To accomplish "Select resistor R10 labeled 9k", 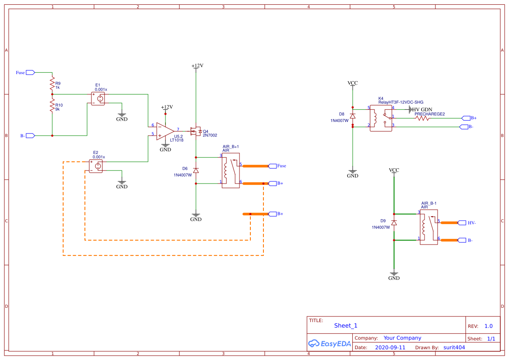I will (52, 106).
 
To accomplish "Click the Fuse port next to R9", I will (30, 72).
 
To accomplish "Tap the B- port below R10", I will (30, 136).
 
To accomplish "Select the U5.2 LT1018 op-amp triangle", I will (165, 131).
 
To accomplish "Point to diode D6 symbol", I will (196, 170).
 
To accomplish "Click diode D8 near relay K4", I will (353, 116).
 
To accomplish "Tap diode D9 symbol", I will (394, 223).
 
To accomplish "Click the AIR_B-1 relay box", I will (428, 227).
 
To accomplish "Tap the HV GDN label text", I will (422, 110).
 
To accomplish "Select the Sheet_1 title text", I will (346, 326).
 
